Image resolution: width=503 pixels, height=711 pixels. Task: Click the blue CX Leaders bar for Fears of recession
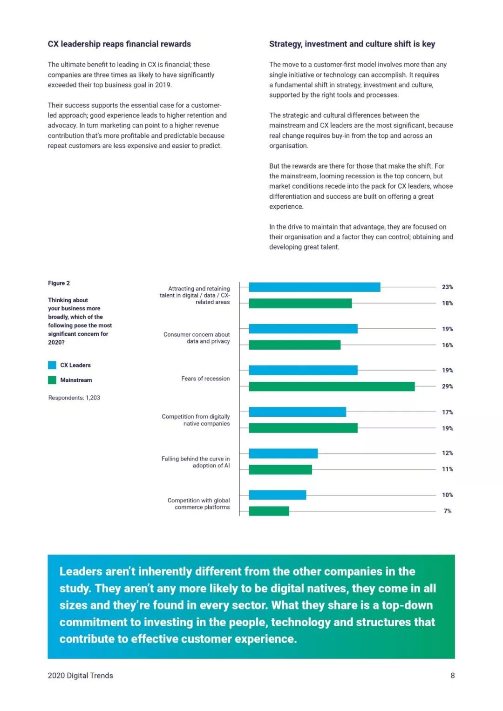[x=303, y=370]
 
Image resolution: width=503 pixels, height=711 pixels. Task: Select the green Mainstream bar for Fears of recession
[x=332, y=386]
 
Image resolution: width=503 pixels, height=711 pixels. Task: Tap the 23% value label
[x=447, y=287]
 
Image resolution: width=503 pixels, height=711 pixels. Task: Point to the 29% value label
[x=447, y=386]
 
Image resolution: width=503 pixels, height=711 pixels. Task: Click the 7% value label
[x=447, y=511]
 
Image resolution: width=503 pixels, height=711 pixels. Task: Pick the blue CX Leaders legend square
[x=52, y=365]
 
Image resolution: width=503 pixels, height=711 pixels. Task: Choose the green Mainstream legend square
[x=52, y=380]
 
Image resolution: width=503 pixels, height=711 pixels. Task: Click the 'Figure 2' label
[x=59, y=283]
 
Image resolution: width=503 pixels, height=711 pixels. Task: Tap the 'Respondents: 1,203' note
[x=74, y=398]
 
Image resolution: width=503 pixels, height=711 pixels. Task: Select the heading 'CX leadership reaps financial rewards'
[x=119, y=44]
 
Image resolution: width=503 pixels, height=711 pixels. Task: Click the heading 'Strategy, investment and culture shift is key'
[x=352, y=44]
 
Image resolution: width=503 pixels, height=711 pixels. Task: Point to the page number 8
[x=452, y=676]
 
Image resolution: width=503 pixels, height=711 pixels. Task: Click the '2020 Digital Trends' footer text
[x=80, y=676]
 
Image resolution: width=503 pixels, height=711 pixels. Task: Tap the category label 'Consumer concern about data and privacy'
[x=197, y=338]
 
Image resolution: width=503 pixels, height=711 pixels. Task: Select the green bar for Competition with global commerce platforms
[x=269, y=511]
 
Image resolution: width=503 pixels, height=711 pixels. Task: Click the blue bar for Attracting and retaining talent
[x=314, y=287]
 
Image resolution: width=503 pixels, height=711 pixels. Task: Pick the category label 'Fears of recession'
[x=205, y=379]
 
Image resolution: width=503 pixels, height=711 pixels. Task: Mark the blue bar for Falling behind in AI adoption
[x=283, y=454]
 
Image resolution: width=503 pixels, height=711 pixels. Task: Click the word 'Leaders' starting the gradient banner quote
[x=81, y=571]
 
